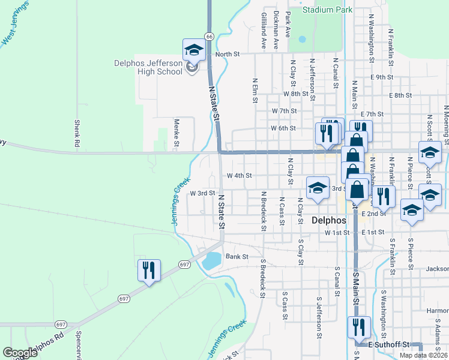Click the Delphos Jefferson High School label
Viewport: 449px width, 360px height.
tap(148, 67)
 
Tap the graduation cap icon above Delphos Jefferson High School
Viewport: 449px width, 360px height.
tap(194, 50)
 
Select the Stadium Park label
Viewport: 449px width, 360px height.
tap(327, 10)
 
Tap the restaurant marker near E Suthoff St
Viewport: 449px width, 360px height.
tap(359, 328)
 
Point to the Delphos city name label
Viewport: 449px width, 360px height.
tap(330, 220)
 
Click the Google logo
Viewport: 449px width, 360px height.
tap(20, 353)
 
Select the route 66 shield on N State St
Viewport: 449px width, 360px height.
tap(209, 37)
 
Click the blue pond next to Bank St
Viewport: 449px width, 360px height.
tap(212, 261)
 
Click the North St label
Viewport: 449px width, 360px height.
tap(228, 54)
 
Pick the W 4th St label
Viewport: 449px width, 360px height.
tap(238, 176)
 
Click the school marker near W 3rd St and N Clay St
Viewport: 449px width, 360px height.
tap(317, 188)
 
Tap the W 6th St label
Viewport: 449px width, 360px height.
tap(283, 128)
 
